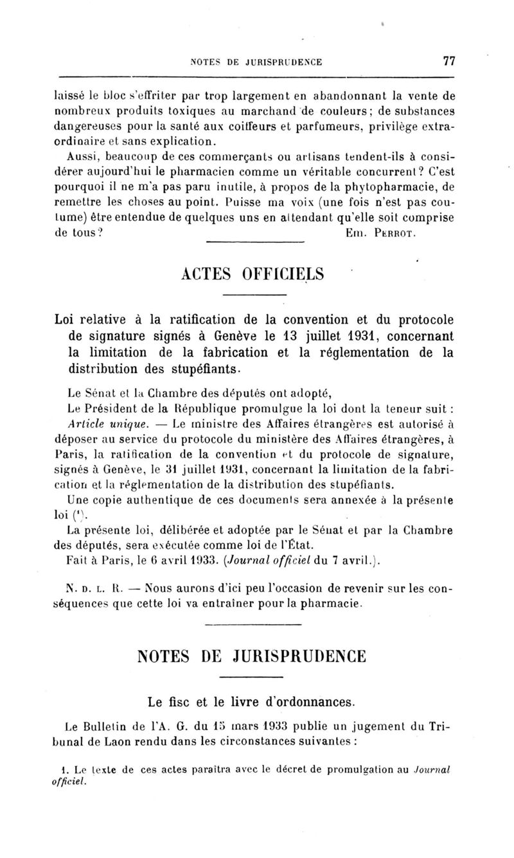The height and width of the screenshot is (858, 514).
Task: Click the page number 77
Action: coord(448,62)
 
